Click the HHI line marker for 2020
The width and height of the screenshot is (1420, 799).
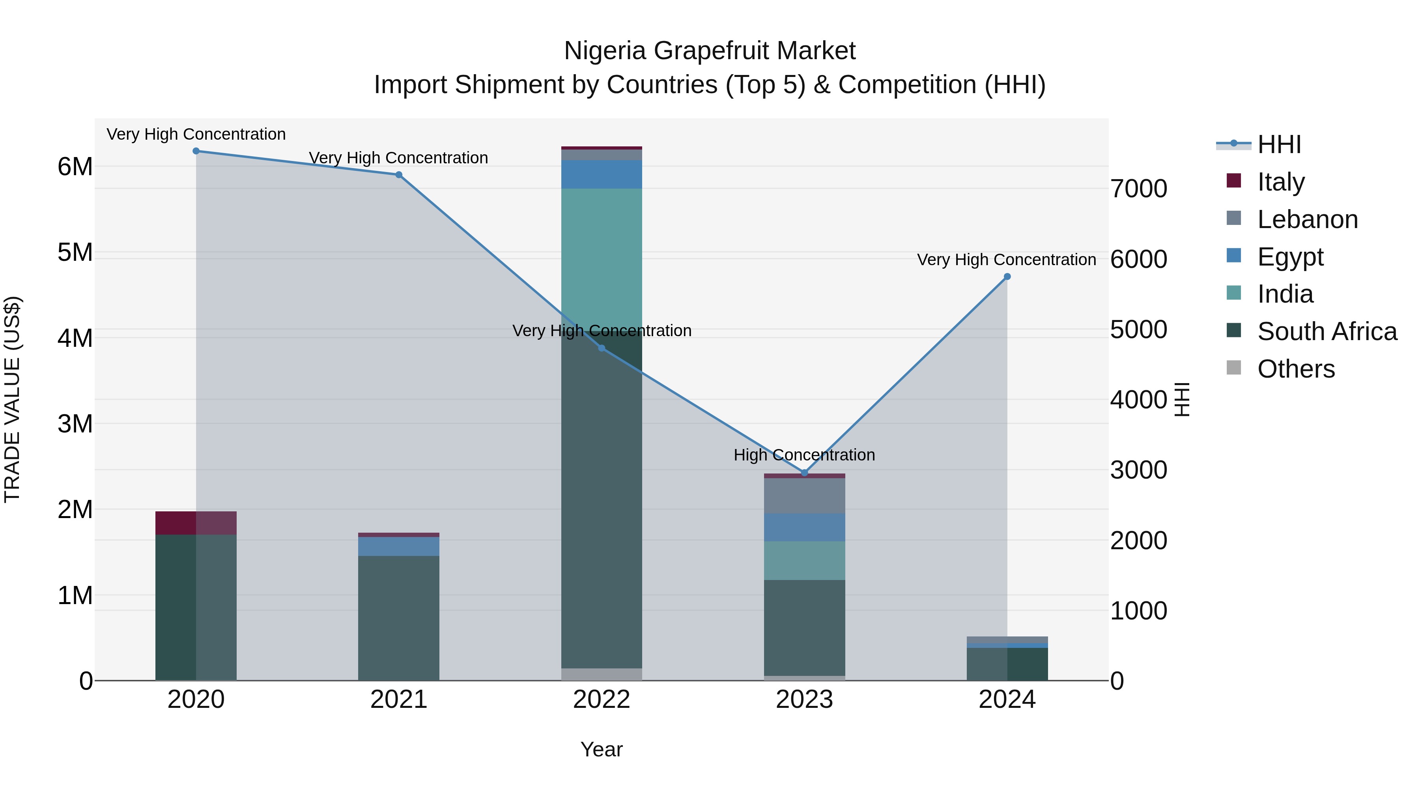pos(196,151)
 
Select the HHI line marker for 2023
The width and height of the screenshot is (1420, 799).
pos(804,473)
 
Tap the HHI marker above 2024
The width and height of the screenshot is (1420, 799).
pos(1007,277)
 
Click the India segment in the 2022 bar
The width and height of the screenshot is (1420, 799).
pos(602,259)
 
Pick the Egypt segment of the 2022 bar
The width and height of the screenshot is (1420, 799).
pos(602,174)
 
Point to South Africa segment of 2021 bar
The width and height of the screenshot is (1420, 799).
pos(398,617)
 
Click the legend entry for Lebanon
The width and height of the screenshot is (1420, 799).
pos(1307,219)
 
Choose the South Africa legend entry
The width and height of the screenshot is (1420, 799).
pos(1327,331)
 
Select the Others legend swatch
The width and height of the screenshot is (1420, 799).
pos(1234,368)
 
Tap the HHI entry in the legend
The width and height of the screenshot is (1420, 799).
pos(1279,144)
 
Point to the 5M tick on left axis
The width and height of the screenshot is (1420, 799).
pos(75,253)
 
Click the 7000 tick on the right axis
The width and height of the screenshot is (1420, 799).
pos(1138,189)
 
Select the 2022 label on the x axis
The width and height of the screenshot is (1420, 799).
pos(602,700)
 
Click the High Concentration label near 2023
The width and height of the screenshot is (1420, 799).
pos(804,455)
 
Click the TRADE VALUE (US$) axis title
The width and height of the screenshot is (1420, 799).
pos(12,399)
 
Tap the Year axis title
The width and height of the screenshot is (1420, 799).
pos(602,749)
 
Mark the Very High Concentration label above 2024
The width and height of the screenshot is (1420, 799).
pos(1007,260)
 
